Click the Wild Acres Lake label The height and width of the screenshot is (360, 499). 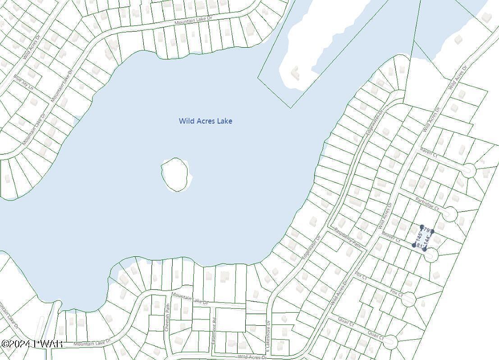point(206,121)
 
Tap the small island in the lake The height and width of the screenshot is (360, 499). point(174,174)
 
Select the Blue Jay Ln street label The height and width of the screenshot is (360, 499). point(24,83)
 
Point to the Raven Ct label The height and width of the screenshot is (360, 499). point(428,152)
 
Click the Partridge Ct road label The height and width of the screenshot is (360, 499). point(427,203)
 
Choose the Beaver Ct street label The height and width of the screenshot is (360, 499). point(391,237)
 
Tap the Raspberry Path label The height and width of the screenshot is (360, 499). point(348,237)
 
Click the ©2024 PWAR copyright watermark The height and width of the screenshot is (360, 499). point(32,344)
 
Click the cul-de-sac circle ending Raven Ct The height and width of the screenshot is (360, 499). point(468,170)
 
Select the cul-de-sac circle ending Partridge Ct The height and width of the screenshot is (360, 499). point(449,214)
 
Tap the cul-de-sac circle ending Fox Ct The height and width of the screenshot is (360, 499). point(408,299)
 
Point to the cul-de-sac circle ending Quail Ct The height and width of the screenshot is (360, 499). point(390,342)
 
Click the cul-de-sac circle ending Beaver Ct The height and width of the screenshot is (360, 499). point(431,255)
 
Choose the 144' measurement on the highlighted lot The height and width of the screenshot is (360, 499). point(429,239)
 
